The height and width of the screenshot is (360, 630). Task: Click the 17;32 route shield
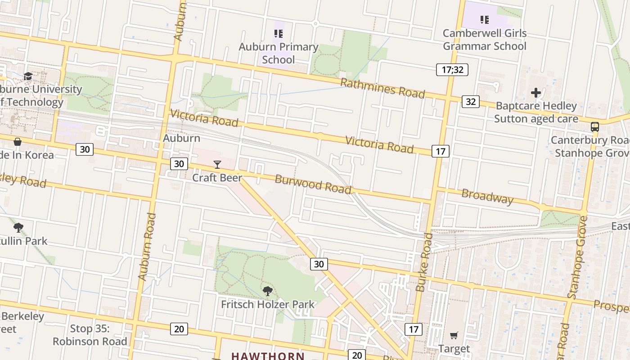point(452,70)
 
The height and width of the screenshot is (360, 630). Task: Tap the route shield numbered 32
point(470,102)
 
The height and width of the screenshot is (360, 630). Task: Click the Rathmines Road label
point(382,88)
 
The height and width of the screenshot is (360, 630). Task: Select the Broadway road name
point(487,197)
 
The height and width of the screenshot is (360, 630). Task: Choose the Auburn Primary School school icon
point(278,34)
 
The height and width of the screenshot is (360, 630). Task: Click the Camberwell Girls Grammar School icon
point(484,20)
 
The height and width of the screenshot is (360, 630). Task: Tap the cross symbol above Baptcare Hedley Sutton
point(535,93)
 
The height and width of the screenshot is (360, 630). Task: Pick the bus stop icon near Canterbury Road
point(595,127)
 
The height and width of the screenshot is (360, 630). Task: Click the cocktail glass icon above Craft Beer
point(217,165)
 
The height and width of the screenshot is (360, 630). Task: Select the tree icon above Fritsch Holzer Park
point(268,291)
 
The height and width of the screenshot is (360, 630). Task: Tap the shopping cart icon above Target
point(454,336)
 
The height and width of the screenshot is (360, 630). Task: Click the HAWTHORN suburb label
point(268,356)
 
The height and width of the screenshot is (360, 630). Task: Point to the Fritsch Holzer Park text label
point(268,304)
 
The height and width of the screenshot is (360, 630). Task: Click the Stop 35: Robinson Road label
point(90,335)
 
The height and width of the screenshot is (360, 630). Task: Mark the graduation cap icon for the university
point(28,76)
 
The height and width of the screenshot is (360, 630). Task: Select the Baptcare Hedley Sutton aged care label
point(536,112)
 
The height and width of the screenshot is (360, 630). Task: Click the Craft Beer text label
point(217,178)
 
